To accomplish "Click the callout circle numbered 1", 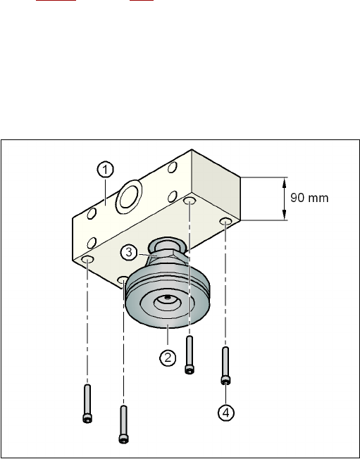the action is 105,170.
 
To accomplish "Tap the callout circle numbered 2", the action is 168,358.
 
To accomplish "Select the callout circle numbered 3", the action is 129,252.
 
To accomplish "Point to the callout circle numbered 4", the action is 226,413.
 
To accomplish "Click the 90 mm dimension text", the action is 309,198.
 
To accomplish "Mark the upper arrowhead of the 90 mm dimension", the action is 284,182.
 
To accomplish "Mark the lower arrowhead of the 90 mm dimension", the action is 284,215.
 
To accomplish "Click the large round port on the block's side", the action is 129,196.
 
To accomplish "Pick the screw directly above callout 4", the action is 225,365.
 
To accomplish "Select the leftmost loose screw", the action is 87,403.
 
